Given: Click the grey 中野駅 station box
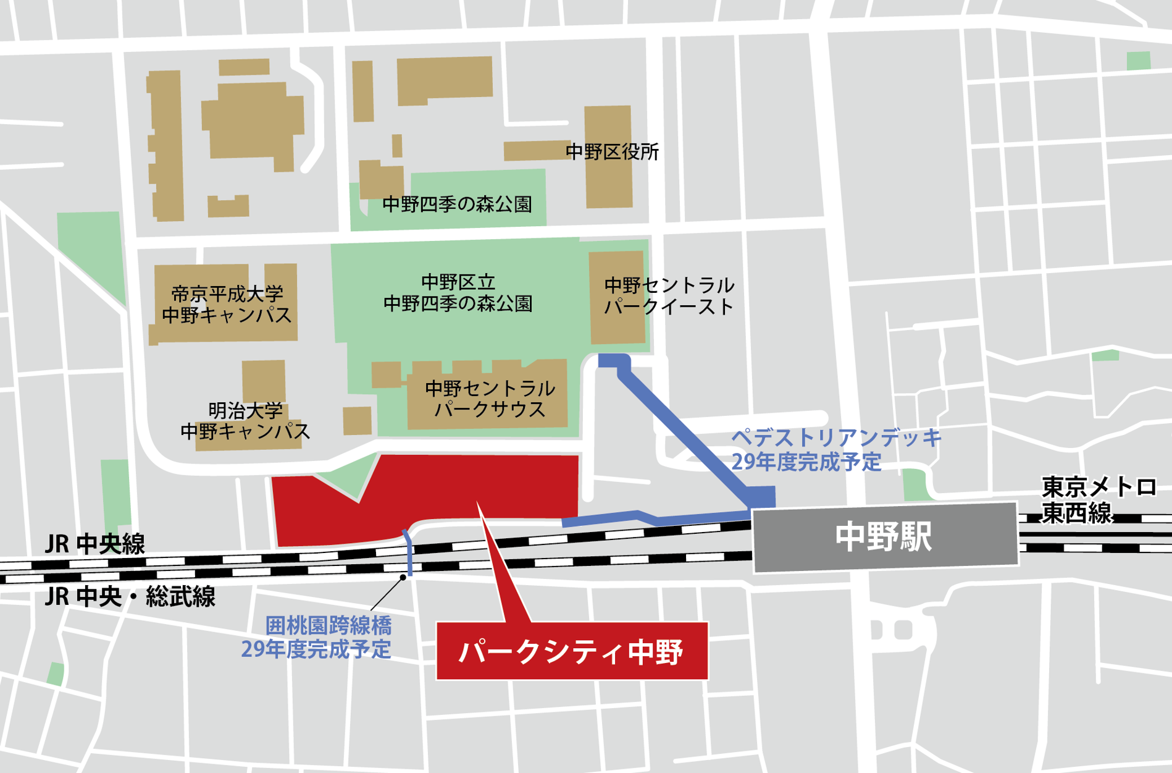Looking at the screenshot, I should [884, 536].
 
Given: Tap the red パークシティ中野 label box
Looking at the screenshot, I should [572, 651].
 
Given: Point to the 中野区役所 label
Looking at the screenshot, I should [612, 152].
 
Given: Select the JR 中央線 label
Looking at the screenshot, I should [95, 544].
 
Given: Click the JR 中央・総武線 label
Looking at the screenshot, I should [130, 597].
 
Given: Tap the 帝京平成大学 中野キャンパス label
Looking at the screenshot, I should [226, 304].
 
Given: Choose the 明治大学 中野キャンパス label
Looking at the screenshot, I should [245, 421].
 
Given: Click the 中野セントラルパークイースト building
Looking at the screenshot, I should [617, 297].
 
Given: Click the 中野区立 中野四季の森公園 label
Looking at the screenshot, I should [458, 293].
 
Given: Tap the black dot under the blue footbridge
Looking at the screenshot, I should [403, 578].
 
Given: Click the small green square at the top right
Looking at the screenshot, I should [1138, 61].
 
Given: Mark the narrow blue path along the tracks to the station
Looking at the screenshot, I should [655, 518].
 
